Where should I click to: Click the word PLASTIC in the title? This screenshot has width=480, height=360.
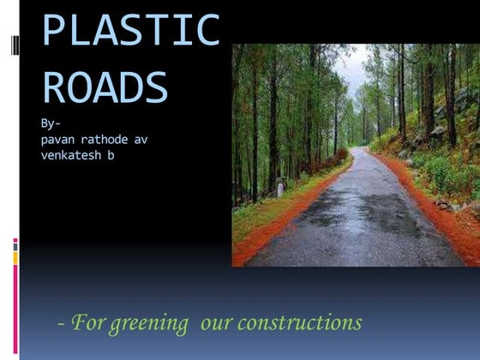pos(130,31)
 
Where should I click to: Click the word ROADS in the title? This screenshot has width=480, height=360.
pos(105,87)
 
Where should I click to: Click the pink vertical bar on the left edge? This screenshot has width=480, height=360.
pos(15,300)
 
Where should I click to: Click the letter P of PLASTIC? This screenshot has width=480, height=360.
pos(55,31)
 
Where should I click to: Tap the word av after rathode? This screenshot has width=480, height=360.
pos(141,140)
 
